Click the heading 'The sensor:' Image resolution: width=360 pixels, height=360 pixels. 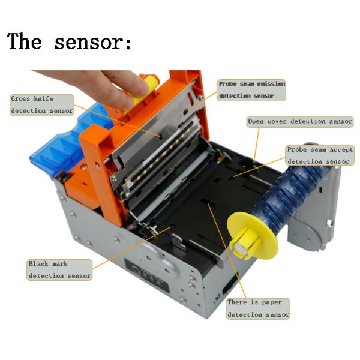[70, 41]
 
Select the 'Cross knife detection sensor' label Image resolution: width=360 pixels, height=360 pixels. [42, 105]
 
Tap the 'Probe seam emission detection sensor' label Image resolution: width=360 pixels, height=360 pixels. [251, 90]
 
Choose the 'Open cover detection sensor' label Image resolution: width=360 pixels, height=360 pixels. [300, 121]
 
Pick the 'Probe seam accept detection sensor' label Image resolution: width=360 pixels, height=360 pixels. [320, 155]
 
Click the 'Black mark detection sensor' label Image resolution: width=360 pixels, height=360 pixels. [59, 270]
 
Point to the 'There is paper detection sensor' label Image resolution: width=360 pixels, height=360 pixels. [258, 308]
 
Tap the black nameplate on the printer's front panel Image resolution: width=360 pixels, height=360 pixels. [147, 275]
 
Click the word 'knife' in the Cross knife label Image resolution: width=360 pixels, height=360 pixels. [44, 99]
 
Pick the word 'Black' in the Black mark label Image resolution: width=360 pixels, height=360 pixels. [38, 263]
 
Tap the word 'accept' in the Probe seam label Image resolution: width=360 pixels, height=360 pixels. [341, 149]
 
